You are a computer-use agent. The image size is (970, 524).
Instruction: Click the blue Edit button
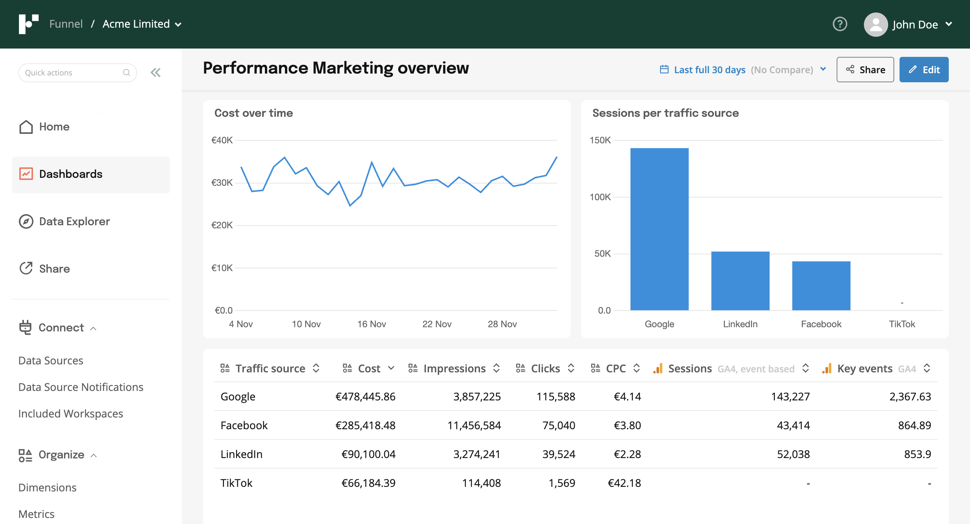coord(923,70)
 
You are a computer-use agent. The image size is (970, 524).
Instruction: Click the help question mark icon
coord(840,24)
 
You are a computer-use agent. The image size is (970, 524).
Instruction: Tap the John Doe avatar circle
coord(875,25)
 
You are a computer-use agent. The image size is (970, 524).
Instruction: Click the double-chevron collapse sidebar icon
coord(156,72)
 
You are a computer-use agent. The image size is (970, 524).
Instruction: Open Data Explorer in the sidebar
coord(74,221)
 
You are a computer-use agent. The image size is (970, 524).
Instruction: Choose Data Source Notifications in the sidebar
coord(81,387)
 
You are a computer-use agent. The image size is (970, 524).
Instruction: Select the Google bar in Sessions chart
coord(659,229)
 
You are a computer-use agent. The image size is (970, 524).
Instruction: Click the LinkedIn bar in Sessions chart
coord(740,281)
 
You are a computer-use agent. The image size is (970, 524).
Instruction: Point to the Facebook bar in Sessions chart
coord(821,286)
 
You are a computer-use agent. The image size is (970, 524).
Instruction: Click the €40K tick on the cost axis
coord(222,140)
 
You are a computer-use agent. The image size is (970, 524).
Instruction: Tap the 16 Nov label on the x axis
coord(371,324)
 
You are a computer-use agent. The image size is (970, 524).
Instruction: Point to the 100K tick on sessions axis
coord(600,197)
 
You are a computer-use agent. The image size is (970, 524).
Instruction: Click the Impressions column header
coord(454,369)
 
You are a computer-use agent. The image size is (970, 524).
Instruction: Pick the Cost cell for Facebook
coord(365,425)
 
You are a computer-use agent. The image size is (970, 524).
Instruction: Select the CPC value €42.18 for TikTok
coord(624,483)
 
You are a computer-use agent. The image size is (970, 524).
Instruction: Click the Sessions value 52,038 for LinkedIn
coord(793,454)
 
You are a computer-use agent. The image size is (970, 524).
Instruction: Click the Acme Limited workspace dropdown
coord(142,24)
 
